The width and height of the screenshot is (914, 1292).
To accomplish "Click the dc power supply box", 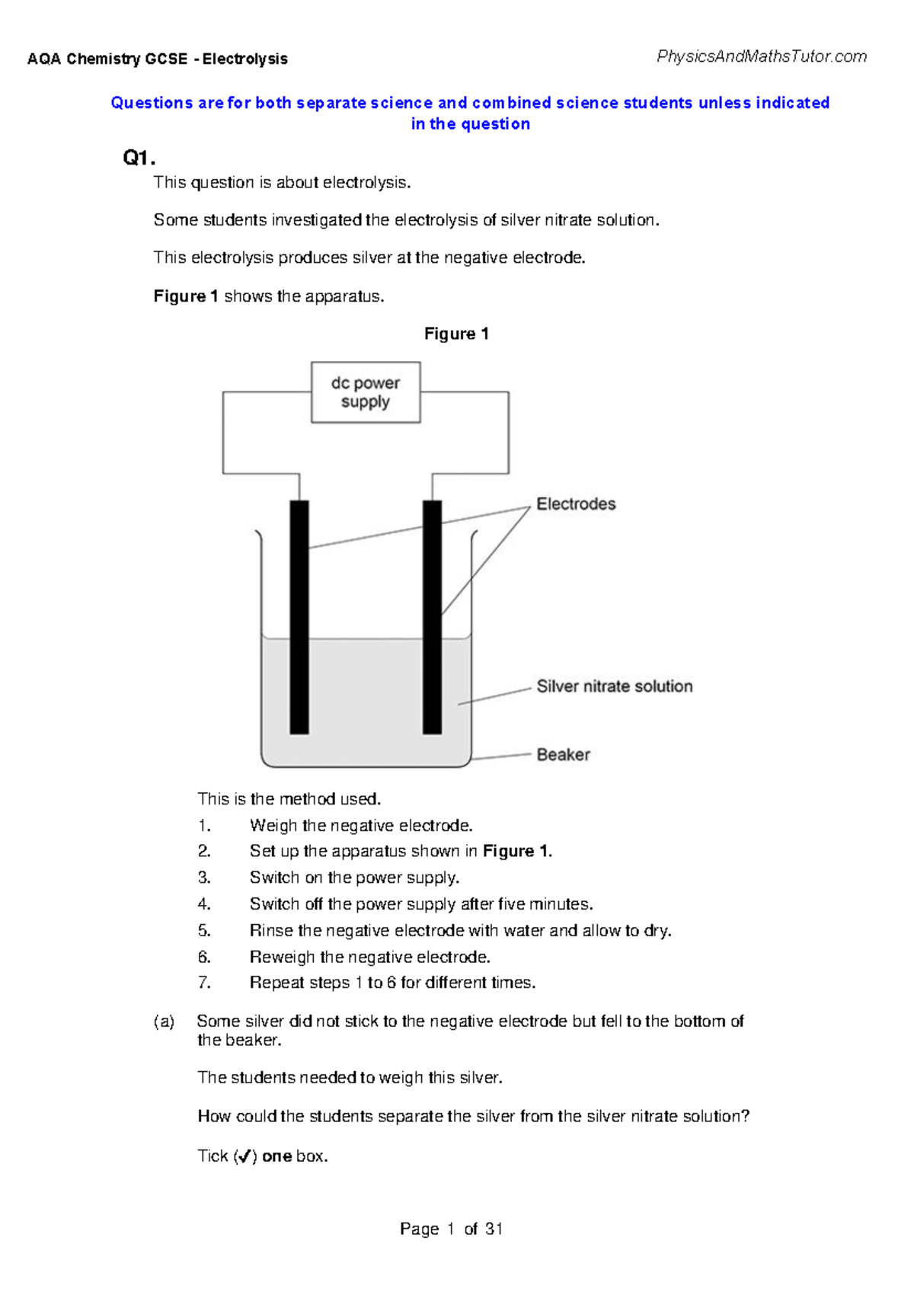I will pos(366,392).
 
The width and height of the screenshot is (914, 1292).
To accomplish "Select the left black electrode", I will pos(299,617).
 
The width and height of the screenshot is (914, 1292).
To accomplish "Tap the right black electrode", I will pos(432,617).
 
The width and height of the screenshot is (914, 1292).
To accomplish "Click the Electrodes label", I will pos(576,504).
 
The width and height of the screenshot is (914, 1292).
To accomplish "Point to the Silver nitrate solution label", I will pos(615,686).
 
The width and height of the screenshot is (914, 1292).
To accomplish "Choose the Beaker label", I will pos(563,755).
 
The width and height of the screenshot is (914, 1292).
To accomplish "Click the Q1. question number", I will pos(139,158).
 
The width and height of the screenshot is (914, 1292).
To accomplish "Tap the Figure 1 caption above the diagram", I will pos(456,334).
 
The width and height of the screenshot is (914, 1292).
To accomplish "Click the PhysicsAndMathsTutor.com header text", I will pos(761,56).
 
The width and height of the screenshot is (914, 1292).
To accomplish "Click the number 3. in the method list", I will pos(204,878).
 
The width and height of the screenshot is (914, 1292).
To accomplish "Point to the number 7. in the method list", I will pos(204,983).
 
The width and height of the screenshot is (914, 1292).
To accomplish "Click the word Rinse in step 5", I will pos(271,930).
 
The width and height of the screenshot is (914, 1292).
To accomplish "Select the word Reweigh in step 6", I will pos(282,957).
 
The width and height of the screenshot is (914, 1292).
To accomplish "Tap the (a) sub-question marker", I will pos(164,1022).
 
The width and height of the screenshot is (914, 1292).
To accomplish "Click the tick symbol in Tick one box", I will pos(244,1156).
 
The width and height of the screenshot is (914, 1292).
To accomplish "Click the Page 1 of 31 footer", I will pos(451,1229).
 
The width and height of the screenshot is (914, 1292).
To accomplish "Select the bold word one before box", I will pos(276,1156).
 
